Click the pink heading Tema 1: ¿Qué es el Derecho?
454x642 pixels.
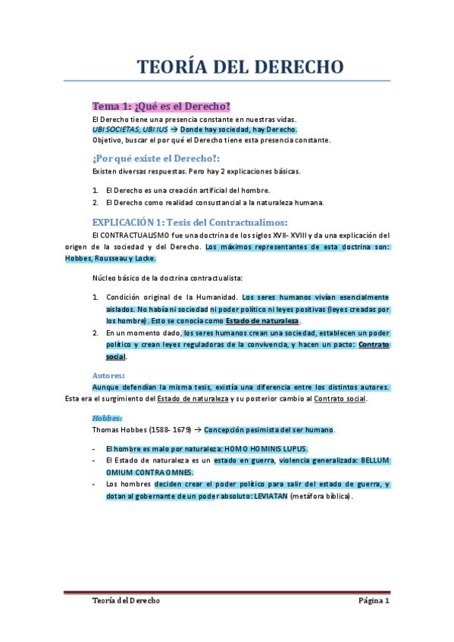tap(161, 105)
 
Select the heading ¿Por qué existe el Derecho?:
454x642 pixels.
tap(155, 157)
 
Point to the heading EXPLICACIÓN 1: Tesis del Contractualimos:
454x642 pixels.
tap(189, 222)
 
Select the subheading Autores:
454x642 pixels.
tap(108, 376)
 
